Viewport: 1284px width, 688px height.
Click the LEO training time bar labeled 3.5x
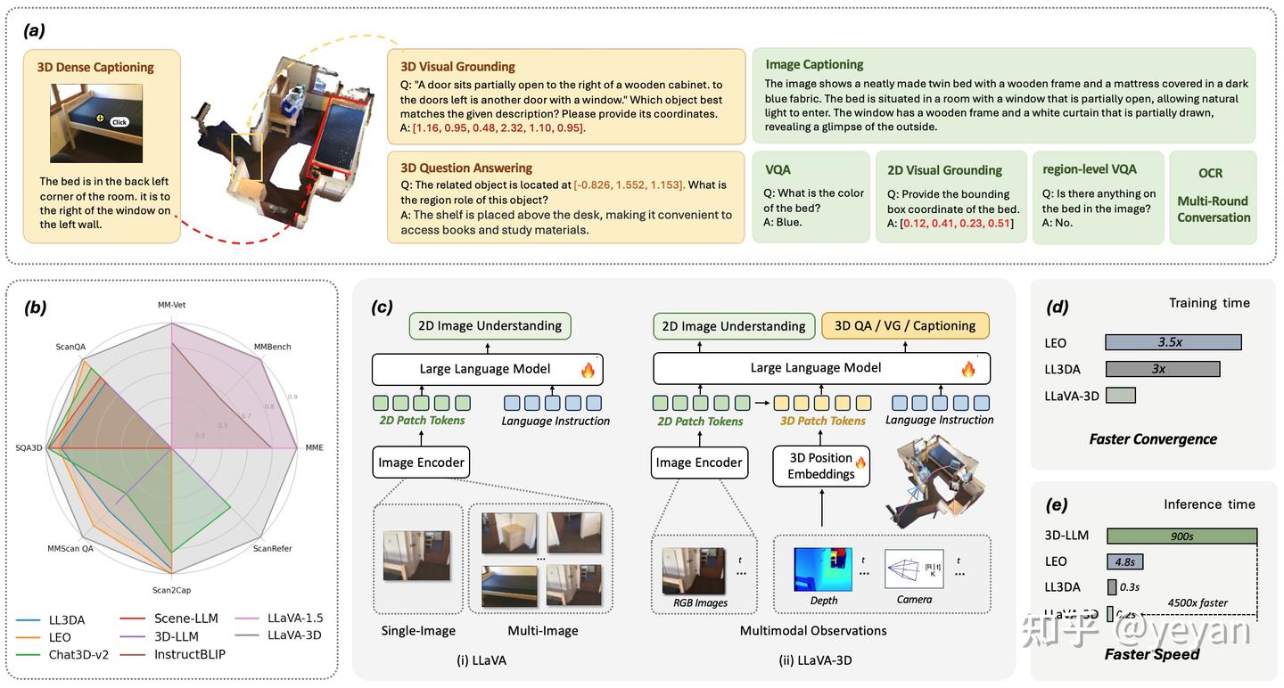click(x=1173, y=342)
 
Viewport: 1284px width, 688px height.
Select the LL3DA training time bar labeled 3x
click(x=1162, y=369)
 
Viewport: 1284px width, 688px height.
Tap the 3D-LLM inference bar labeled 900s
click(x=1181, y=536)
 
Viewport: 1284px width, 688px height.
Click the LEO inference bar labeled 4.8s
click(x=1124, y=561)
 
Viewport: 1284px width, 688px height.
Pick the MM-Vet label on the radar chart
click(x=171, y=305)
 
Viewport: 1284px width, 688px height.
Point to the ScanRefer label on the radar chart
click(x=273, y=548)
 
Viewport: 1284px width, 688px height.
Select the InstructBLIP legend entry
click(x=189, y=654)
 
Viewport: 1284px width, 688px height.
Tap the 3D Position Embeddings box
click(x=820, y=466)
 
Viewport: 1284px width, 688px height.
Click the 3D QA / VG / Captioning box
click(x=905, y=326)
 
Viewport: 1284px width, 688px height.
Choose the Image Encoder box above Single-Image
click(x=421, y=463)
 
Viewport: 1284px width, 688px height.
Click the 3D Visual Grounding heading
click(x=457, y=67)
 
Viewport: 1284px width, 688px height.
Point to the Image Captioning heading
click(x=814, y=64)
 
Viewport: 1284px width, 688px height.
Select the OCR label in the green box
click(x=1210, y=173)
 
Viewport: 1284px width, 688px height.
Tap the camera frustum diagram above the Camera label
click(x=914, y=569)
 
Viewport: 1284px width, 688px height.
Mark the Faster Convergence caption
click(x=1152, y=438)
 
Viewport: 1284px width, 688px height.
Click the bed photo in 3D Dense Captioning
click(x=96, y=123)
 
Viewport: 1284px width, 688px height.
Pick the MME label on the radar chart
click(x=314, y=447)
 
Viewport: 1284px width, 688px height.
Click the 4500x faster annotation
click(x=1198, y=603)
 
